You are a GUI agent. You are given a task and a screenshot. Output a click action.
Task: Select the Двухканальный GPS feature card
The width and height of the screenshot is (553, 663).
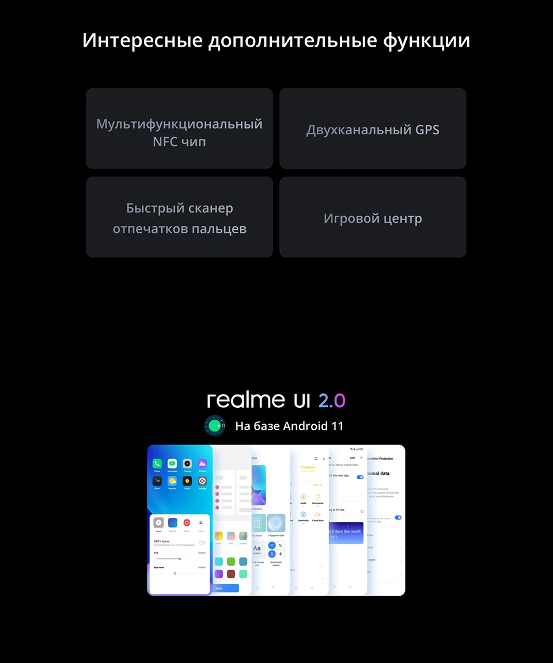[x=373, y=129]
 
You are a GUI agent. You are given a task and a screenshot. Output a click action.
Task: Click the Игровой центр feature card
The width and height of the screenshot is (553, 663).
[x=373, y=218]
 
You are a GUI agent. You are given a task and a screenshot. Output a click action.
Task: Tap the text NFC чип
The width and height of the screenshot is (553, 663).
[x=179, y=141]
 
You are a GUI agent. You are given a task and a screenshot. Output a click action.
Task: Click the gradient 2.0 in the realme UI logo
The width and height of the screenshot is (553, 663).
[x=332, y=400]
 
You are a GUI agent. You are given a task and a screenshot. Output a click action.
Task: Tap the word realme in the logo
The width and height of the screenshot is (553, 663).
[x=246, y=400]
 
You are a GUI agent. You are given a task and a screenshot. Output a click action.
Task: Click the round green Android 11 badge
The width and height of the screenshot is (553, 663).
[x=215, y=426]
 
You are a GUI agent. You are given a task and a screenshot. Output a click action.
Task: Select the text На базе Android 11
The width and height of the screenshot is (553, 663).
[x=289, y=426]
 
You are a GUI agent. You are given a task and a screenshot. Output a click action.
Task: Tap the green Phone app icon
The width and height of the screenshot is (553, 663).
[x=157, y=463]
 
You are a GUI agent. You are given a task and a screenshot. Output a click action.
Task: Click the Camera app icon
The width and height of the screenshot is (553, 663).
[x=187, y=463]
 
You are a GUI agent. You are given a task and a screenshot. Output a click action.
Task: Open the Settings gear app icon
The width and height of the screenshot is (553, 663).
[x=202, y=480]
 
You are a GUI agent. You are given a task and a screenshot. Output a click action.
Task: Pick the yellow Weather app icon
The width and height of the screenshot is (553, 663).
[x=172, y=480]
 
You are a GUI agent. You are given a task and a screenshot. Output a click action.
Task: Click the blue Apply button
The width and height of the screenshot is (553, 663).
[x=226, y=588]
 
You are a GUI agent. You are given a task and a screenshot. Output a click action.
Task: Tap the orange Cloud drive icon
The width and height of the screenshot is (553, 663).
[x=317, y=514]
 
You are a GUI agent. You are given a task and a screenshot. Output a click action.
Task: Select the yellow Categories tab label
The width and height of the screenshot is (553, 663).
[x=308, y=468]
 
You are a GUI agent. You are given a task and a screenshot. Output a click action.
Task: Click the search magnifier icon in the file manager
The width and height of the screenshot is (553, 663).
[x=316, y=459]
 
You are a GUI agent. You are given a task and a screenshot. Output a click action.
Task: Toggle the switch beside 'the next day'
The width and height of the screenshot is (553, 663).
[x=360, y=477]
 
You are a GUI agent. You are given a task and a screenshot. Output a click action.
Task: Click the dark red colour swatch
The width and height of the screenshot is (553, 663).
[x=230, y=574]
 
